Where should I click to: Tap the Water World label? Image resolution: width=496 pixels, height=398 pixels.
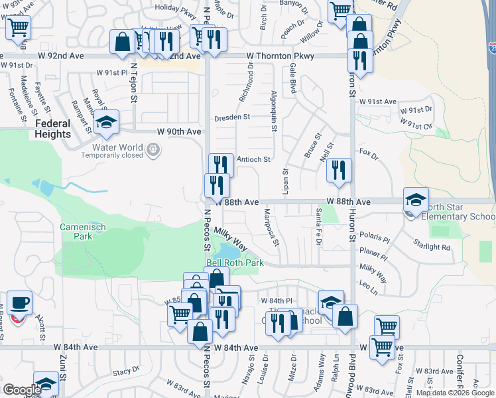click(x=112, y=147)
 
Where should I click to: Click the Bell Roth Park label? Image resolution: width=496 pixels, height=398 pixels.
click(x=235, y=263)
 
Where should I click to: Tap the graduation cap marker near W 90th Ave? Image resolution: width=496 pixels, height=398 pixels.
click(x=106, y=122)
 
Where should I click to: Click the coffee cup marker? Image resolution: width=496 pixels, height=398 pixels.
click(x=19, y=303)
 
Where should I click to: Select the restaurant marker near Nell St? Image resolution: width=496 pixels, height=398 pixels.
click(x=339, y=170)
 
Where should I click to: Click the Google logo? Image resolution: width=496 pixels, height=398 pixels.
click(x=22, y=390)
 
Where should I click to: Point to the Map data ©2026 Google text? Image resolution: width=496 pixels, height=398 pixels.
click(x=454, y=393)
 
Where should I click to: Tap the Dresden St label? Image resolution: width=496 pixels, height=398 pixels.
click(x=231, y=117)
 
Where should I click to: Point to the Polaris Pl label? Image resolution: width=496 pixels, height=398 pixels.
click(x=373, y=236)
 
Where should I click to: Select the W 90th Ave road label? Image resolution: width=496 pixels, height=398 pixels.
click(x=178, y=132)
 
